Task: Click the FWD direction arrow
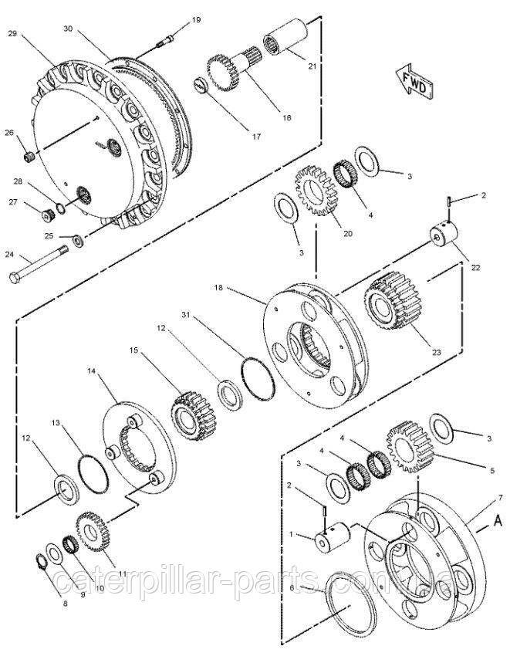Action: coord(414,81)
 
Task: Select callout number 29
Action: coord(12,33)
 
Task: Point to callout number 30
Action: coord(68,29)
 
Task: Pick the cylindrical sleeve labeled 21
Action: coord(285,38)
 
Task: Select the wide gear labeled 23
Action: coord(393,301)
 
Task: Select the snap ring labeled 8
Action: coord(41,563)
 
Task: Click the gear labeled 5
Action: coord(410,447)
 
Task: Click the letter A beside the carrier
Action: coord(498,522)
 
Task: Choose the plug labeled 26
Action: coord(29,158)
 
